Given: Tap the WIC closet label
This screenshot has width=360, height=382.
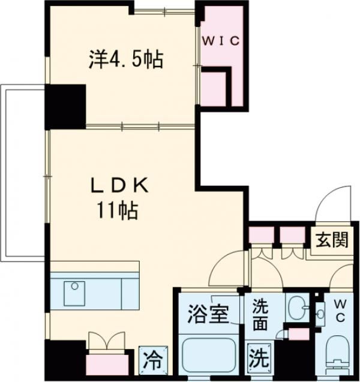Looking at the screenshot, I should pos(220,41).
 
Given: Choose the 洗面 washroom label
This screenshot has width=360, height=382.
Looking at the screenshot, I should pos(260,315).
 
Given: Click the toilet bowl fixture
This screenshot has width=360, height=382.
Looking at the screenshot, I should pos(339,354).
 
